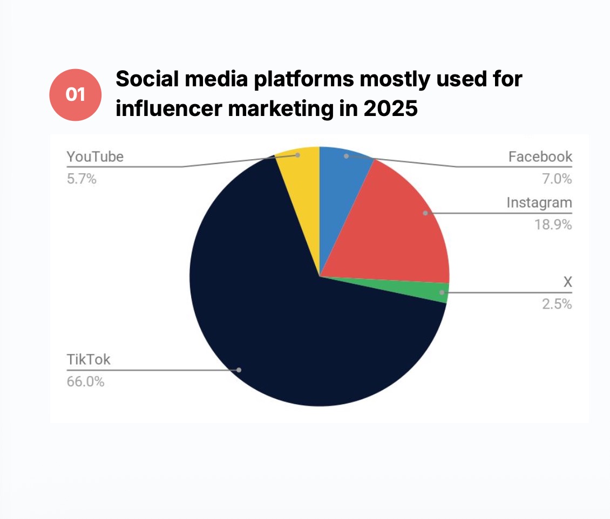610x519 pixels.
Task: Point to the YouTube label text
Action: (95, 157)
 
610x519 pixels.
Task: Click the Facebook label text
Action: (540, 157)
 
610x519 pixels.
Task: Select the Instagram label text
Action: (539, 203)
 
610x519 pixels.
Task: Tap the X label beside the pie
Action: (567, 282)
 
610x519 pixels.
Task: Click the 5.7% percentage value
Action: (82, 179)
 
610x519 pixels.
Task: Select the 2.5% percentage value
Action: (556, 304)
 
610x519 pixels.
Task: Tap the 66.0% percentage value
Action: (85, 382)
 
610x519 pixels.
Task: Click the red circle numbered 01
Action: (75, 95)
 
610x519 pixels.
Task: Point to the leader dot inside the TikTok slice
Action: (239, 370)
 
